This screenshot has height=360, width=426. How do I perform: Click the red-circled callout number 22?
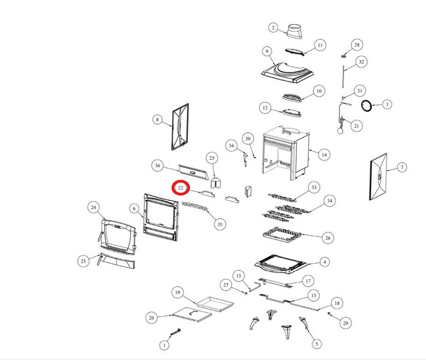(x=181, y=188)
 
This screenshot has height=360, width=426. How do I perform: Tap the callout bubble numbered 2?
(x=273, y=27)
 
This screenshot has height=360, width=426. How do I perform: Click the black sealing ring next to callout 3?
(x=366, y=105)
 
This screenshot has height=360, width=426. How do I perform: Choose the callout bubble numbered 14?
(x=324, y=155)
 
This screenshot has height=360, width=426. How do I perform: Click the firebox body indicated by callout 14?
(x=286, y=153)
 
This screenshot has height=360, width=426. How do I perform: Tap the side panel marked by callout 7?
(x=378, y=177)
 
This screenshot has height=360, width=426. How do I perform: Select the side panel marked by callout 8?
(x=180, y=127)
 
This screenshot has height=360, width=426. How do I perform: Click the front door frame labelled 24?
(x=118, y=237)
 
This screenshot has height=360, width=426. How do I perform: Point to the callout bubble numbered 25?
(x=83, y=261)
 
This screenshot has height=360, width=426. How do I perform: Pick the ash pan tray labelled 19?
(x=215, y=304)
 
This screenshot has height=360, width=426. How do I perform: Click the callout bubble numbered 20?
(x=152, y=318)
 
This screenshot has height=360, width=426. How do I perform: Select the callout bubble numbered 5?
(x=317, y=344)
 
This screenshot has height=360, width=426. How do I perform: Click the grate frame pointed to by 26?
(x=282, y=235)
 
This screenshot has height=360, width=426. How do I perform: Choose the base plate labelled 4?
(x=281, y=265)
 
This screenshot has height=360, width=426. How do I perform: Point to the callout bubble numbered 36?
(x=157, y=166)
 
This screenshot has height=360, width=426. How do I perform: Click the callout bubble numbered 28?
(x=357, y=45)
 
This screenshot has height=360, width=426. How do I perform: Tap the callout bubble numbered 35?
(x=220, y=224)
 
